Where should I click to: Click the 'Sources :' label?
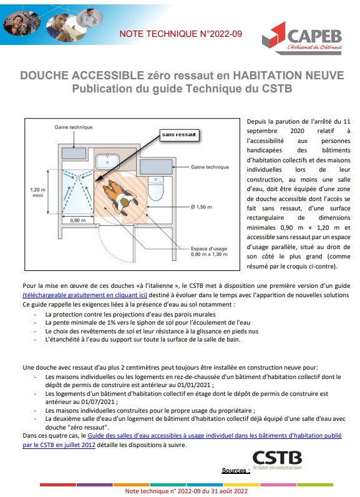235,470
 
